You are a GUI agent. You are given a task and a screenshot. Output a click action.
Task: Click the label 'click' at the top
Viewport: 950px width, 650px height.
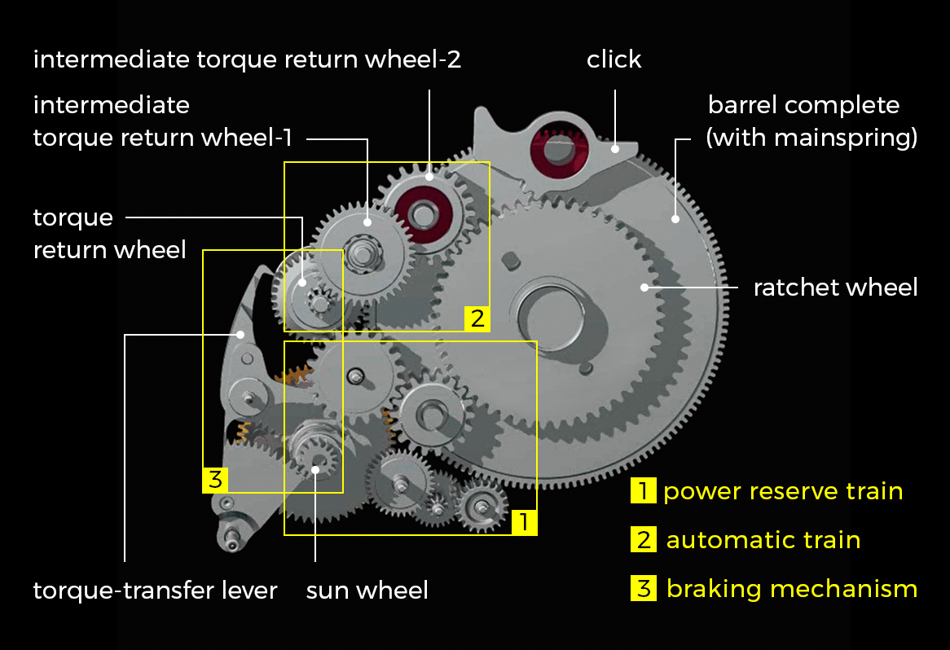pyautogui.click(x=614, y=59)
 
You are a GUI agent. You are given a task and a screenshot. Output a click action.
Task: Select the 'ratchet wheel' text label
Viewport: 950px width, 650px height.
pyautogui.click(x=835, y=288)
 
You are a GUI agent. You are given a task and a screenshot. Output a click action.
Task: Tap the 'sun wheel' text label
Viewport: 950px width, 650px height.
pyautogui.click(x=367, y=590)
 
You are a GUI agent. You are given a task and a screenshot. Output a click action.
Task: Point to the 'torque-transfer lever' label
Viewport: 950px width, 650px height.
pyautogui.click(x=155, y=590)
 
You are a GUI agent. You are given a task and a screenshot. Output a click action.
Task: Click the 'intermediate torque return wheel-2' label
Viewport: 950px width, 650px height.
pyautogui.click(x=247, y=59)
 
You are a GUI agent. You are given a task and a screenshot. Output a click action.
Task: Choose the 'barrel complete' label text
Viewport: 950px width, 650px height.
pyautogui.click(x=803, y=106)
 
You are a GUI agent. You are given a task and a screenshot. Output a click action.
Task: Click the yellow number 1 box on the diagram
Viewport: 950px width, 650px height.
pyautogui.click(x=525, y=522)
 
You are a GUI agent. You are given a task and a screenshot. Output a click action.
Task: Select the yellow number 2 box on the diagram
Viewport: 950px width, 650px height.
pyautogui.click(x=477, y=318)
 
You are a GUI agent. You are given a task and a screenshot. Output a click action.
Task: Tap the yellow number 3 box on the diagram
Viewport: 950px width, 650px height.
pyautogui.click(x=214, y=480)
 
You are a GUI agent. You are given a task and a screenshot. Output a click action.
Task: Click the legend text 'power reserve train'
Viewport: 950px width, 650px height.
pyautogui.click(x=782, y=492)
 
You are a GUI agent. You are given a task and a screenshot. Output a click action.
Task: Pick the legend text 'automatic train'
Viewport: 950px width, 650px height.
pyautogui.click(x=763, y=540)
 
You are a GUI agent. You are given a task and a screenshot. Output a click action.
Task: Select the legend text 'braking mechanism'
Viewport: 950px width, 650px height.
pyautogui.click(x=791, y=589)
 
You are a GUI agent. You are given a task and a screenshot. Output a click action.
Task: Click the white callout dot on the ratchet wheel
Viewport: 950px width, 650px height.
pyautogui.click(x=644, y=287)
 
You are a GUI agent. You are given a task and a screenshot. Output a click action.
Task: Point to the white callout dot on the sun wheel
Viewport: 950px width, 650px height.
pyautogui.click(x=316, y=468)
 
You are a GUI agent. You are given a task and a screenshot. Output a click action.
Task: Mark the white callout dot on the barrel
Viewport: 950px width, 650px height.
pyautogui.click(x=675, y=218)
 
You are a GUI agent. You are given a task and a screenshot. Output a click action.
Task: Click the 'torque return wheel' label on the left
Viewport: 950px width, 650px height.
pyautogui.click(x=109, y=233)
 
